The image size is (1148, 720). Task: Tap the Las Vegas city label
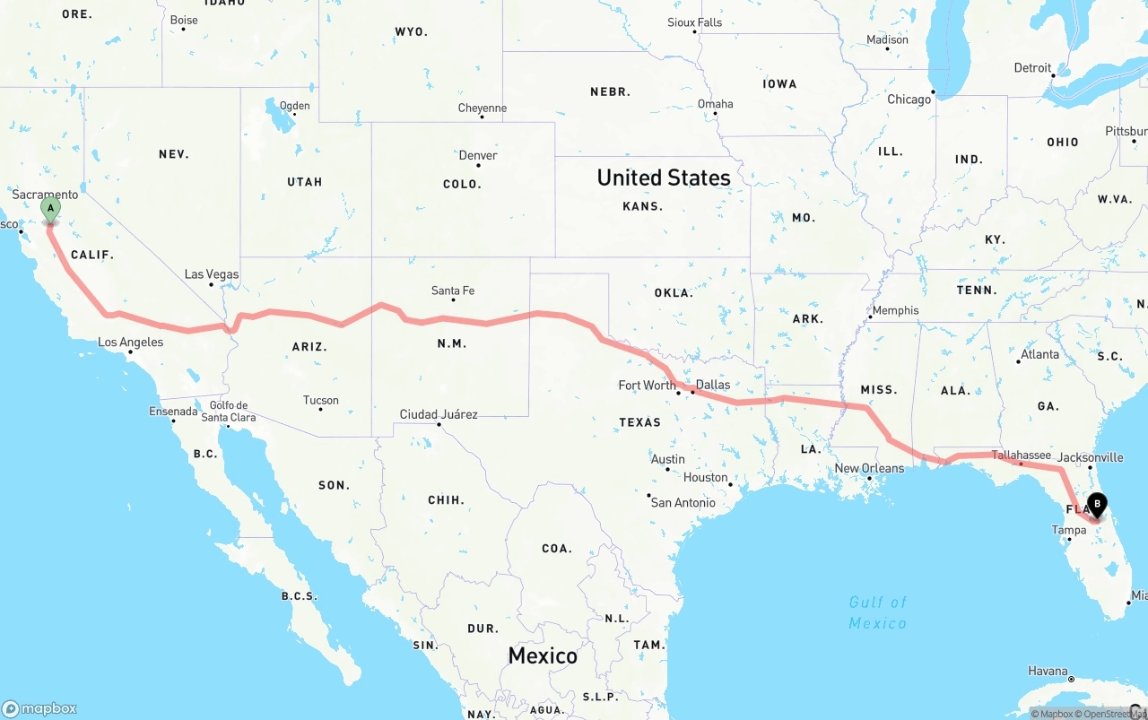[x=212, y=274]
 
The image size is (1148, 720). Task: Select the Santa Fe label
[x=453, y=291]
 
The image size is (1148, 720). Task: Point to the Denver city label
[x=478, y=155]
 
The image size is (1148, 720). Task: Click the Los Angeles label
[x=131, y=342]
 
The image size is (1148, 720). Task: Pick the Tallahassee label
[x=1022, y=455]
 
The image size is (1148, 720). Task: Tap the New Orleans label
[x=870, y=468]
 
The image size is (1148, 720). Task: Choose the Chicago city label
[x=909, y=100]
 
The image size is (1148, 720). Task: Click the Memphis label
[x=895, y=310]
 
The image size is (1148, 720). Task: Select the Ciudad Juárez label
[x=439, y=414]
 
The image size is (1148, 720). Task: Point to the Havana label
[x=1048, y=671]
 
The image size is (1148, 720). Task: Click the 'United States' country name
[x=664, y=178]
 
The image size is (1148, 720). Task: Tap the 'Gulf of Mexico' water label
[x=878, y=612]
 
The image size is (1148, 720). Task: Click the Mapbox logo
[x=39, y=708]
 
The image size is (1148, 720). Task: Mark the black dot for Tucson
[x=321, y=410]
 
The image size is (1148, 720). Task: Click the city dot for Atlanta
[x=1019, y=361]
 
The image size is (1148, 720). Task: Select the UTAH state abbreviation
[x=304, y=182]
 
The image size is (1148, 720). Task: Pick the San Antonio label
[x=683, y=502]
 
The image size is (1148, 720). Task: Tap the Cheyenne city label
[x=483, y=108]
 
